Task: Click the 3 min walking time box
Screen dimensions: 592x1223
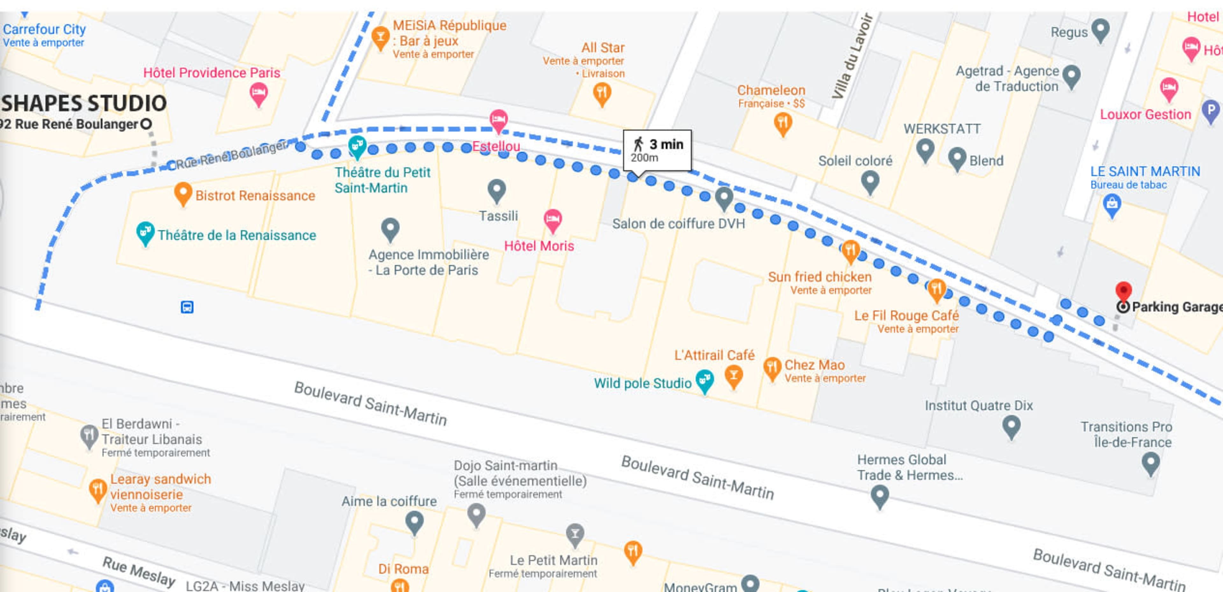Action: point(657,150)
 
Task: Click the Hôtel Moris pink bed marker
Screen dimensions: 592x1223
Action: point(552,219)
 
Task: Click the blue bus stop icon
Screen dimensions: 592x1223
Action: point(187,307)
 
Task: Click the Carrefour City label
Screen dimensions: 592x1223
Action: point(44,29)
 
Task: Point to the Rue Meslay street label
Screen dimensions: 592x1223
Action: point(139,571)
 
